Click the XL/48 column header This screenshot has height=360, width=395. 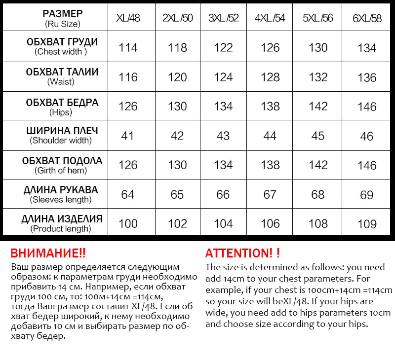[x=128, y=18]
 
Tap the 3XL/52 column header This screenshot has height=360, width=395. [x=223, y=18]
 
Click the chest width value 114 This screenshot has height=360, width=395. [x=128, y=47]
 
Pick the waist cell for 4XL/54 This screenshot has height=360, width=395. [x=270, y=77]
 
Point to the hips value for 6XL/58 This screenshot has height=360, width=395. [x=367, y=107]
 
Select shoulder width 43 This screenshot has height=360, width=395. [x=223, y=136]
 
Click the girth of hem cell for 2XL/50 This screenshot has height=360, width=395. [x=177, y=165]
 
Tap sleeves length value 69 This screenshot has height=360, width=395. [x=367, y=195]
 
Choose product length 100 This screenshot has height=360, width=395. [x=128, y=223]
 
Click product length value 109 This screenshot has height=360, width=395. [x=367, y=224]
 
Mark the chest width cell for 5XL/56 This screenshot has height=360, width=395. [x=318, y=47]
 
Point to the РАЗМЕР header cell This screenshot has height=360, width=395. [x=62, y=18]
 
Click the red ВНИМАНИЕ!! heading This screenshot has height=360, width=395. [x=48, y=253]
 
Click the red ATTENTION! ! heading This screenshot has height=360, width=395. [x=242, y=253]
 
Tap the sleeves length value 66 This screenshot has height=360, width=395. [x=223, y=194]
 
